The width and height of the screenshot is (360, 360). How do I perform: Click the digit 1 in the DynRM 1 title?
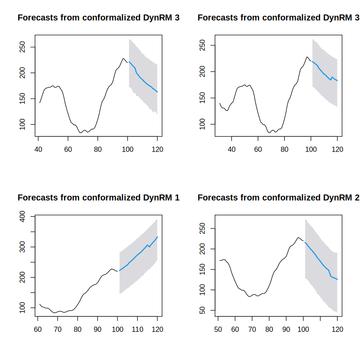pos(177,198)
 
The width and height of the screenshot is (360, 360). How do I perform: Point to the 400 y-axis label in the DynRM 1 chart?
pos(22,216)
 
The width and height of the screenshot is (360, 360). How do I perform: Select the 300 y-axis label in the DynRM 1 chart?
pos(22,247)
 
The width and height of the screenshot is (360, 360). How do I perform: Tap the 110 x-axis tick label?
pos(137,330)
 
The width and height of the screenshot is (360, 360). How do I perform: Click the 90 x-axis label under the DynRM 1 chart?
pos(97,330)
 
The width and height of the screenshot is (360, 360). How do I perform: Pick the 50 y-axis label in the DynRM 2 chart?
pos(202,310)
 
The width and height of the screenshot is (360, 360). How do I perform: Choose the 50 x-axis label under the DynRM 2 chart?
pos(218,330)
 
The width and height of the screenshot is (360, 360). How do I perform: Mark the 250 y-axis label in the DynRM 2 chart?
pos(202,228)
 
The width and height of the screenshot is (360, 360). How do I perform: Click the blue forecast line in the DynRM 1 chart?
pos(137,255)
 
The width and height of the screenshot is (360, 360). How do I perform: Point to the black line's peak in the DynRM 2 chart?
pos(298,237)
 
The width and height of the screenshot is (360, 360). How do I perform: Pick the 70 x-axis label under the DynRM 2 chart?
pos(252,330)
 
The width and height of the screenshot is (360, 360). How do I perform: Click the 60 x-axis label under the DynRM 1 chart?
pos(38,330)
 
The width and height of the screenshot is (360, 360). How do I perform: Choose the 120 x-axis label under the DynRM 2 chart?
pos(337,330)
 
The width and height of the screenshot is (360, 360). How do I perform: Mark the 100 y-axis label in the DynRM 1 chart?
pos(22,308)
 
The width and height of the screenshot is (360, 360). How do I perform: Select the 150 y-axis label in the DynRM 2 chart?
pos(202,269)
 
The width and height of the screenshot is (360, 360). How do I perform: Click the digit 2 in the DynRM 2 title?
pos(357,198)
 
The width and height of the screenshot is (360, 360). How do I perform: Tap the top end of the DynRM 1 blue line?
pos(157,237)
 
